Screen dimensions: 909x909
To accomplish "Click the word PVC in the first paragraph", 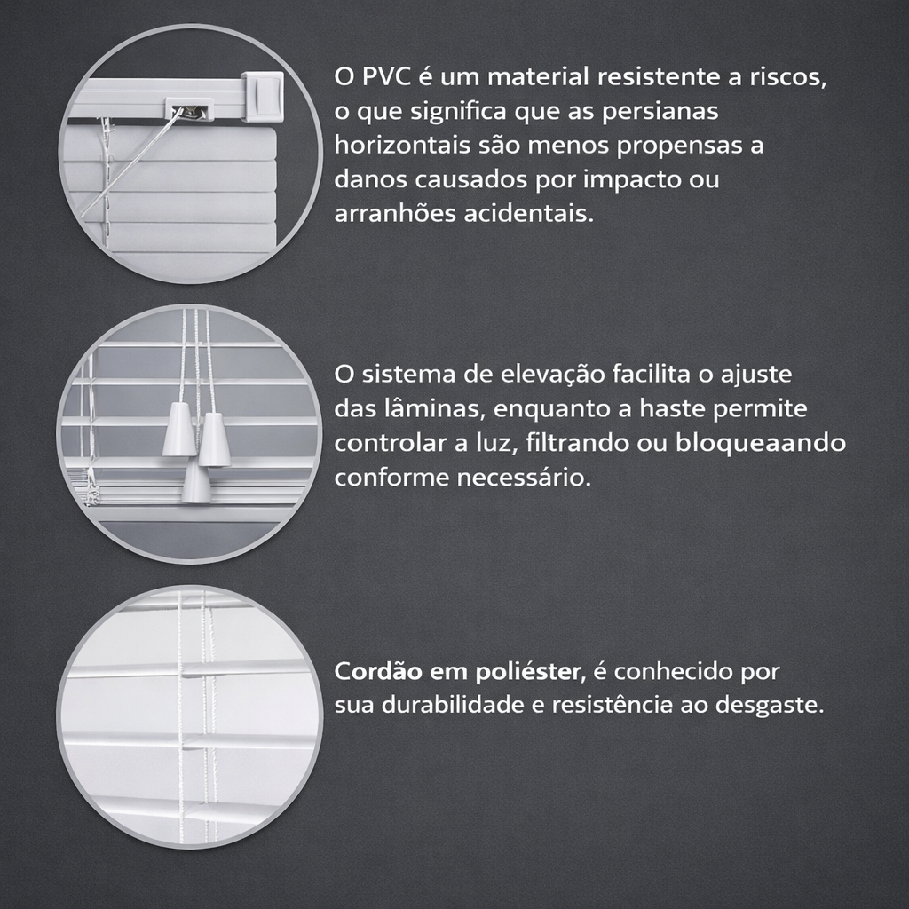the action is [x=386, y=76].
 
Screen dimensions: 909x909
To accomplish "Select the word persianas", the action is [x=660, y=111].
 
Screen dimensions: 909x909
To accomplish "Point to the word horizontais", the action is [x=402, y=145].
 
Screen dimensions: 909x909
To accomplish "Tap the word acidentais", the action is [x=529, y=213].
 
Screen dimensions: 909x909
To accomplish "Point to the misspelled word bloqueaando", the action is [x=761, y=443].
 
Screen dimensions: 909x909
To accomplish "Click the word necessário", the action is [x=524, y=478].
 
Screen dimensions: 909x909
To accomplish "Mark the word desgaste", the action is [x=770, y=706].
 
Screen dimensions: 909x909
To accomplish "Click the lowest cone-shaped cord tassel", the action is [x=196, y=482].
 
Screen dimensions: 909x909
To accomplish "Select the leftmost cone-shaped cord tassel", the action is [x=178, y=430].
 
